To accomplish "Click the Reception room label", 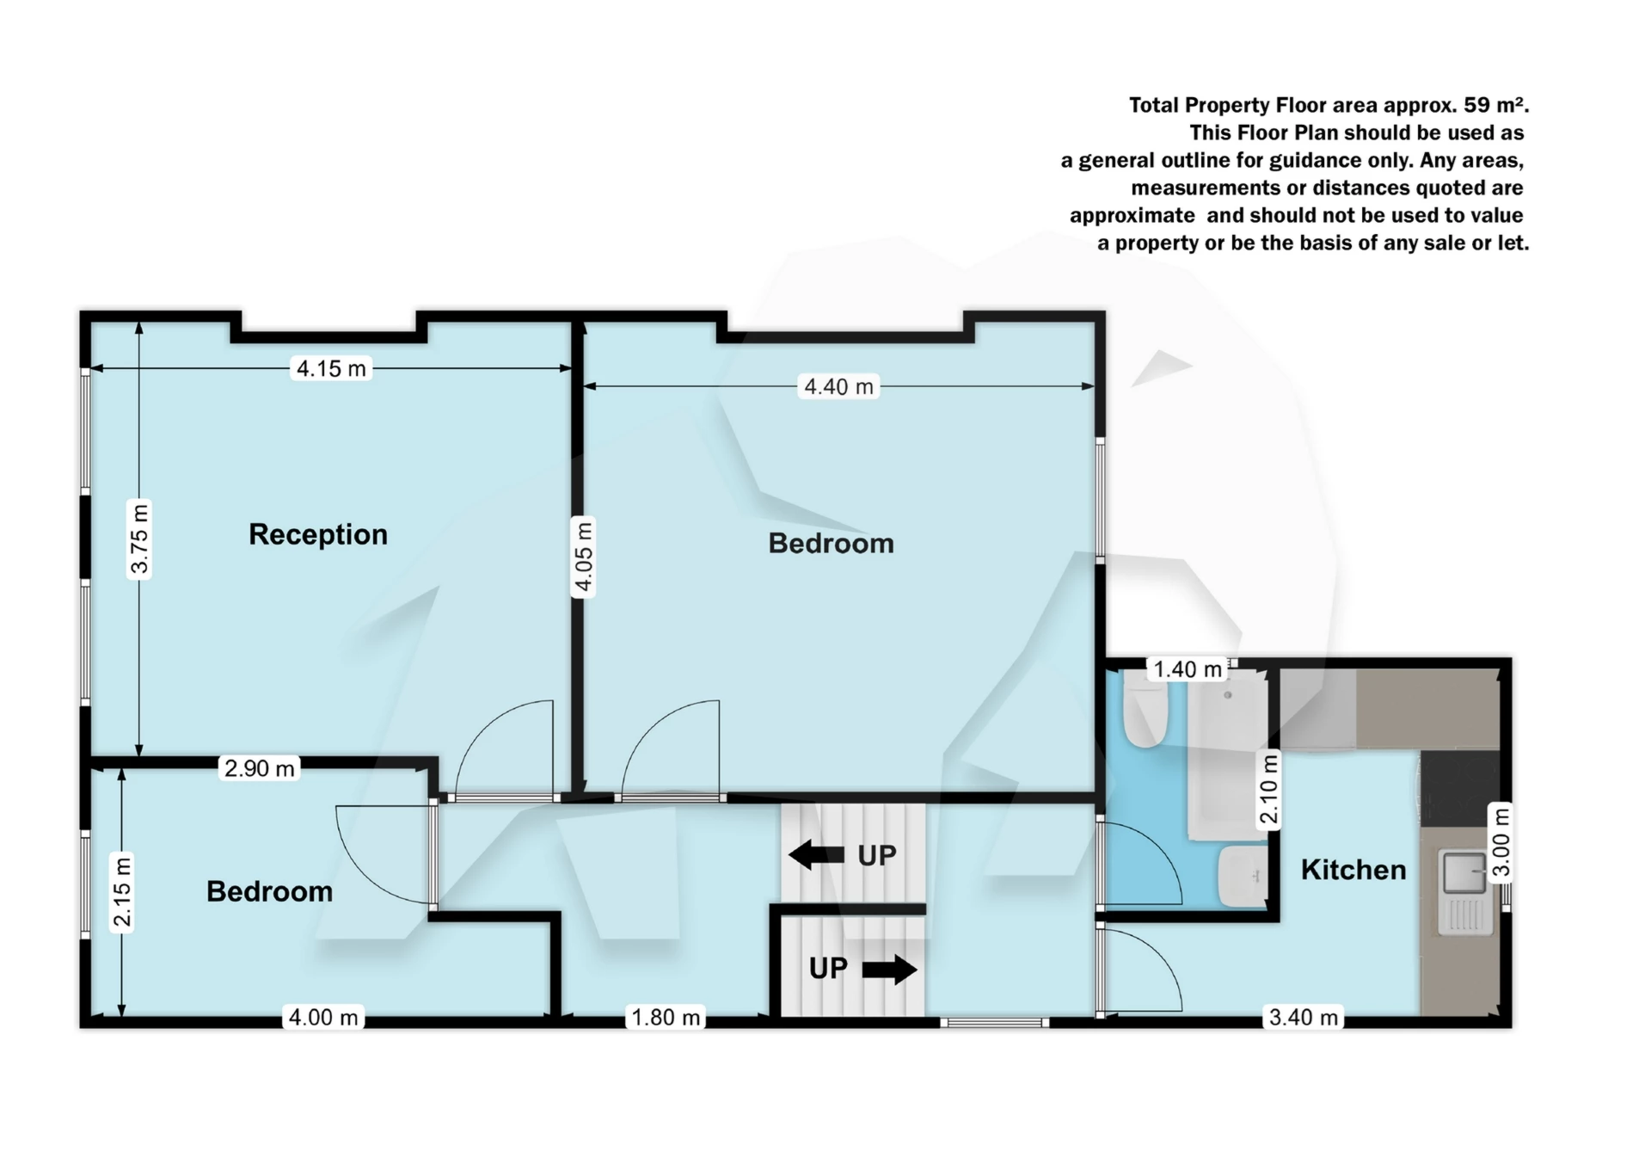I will point(318,534).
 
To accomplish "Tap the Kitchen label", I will point(1353,870).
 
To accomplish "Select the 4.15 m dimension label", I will point(331,369).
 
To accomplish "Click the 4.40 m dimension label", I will point(838,387).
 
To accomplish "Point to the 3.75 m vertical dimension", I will point(139,539).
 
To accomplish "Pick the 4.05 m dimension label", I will point(583,557).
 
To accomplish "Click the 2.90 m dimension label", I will point(259,768).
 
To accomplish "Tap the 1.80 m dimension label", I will point(666,1018).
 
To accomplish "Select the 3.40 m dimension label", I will point(1304,1018).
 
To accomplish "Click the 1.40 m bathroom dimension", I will point(1187,669).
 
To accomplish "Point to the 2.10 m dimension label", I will point(1269,789).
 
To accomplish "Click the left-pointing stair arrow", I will point(816,855).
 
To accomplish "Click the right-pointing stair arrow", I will point(889,970).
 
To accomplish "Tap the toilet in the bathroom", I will point(1145,714).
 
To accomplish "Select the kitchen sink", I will point(1464,872).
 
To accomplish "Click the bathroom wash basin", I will point(1243,876).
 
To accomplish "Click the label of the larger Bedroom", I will point(831,544).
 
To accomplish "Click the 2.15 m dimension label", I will point(123,892).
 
